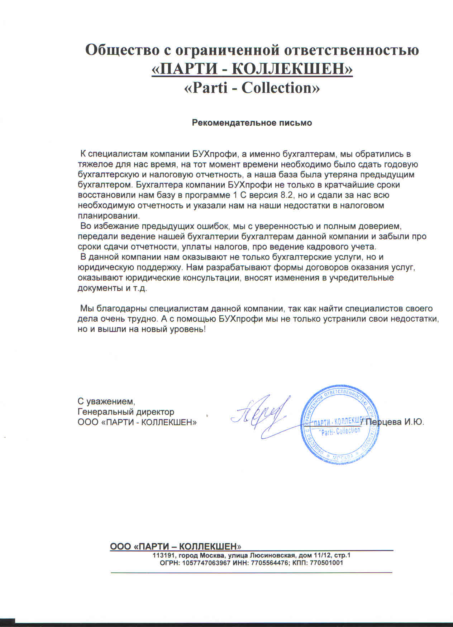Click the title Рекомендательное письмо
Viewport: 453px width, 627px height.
(x=252, y=123)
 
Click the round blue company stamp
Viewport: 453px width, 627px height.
(x=339, y=425)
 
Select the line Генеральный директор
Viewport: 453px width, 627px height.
(x=126, y=412)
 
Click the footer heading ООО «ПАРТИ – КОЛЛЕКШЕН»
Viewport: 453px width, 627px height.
(x=175, y=546)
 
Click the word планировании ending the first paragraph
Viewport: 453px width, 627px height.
(x=108, y=216)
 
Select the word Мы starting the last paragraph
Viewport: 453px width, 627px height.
(x=86, y=308)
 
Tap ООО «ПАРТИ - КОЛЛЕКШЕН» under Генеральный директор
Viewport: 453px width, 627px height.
(x=137, y=422)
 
